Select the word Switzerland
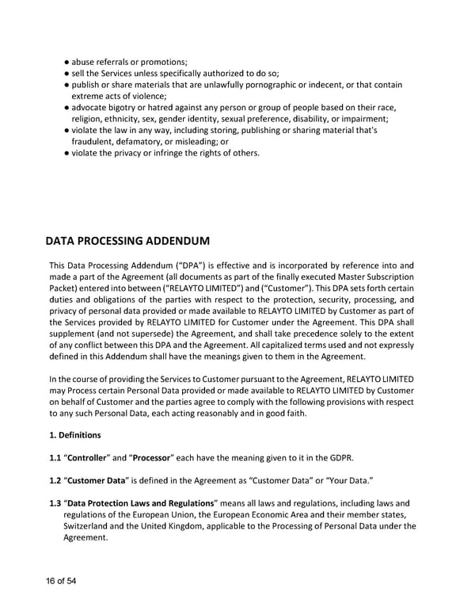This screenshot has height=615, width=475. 89,526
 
